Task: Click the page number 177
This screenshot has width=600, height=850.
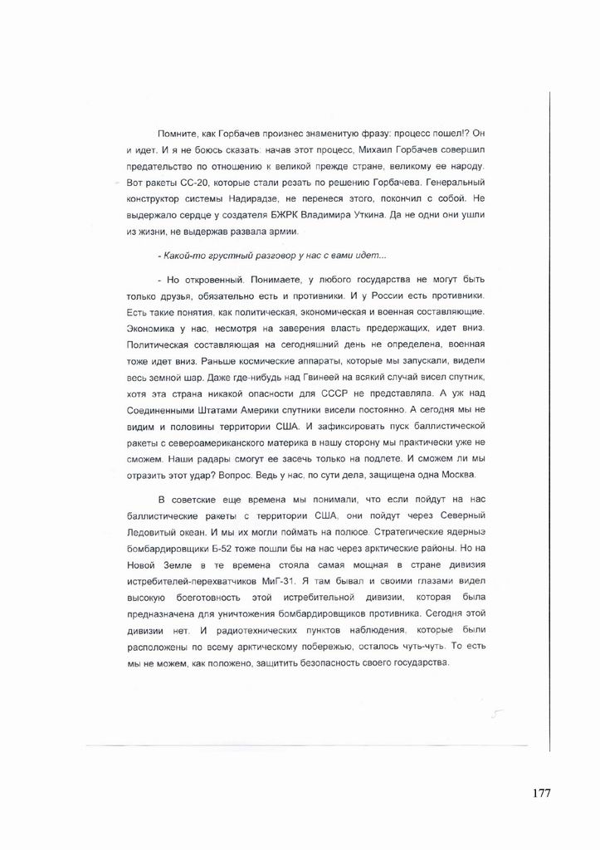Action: (541, 793)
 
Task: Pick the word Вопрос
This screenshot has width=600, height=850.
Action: (274, 474)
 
